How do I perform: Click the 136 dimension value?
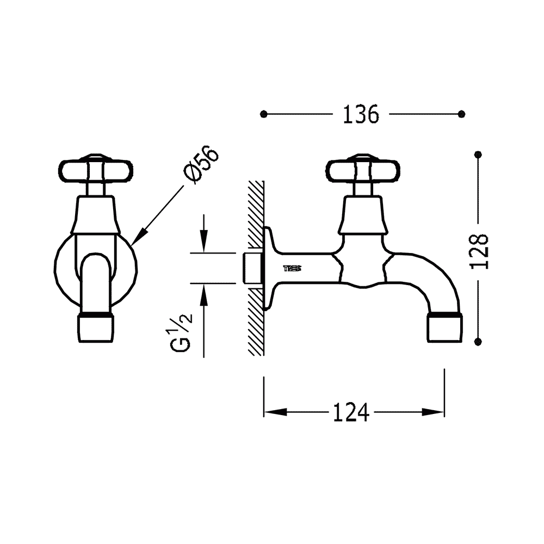click(x=361, y=114)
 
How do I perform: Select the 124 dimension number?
click(x=351, y=412)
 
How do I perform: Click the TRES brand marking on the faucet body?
click(x=293, y=268)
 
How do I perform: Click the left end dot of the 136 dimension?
click(x=264, y=114)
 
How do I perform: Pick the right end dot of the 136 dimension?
click(x=461, y=114)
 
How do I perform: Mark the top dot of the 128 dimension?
click(x=479, y=154)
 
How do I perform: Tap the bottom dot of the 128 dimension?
click(x=479, y=342)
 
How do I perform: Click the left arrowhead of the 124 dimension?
click(x=275, y=412)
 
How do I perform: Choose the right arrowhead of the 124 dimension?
click(x=433, y=412)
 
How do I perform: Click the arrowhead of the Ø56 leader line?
click(x=139, y=237)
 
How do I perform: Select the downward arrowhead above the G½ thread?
click(x=203, y=242)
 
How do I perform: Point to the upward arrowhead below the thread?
click(x=203, y=295)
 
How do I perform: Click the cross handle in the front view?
click(x=95, y=170)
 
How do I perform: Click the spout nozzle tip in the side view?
click(x=445, y=328)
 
